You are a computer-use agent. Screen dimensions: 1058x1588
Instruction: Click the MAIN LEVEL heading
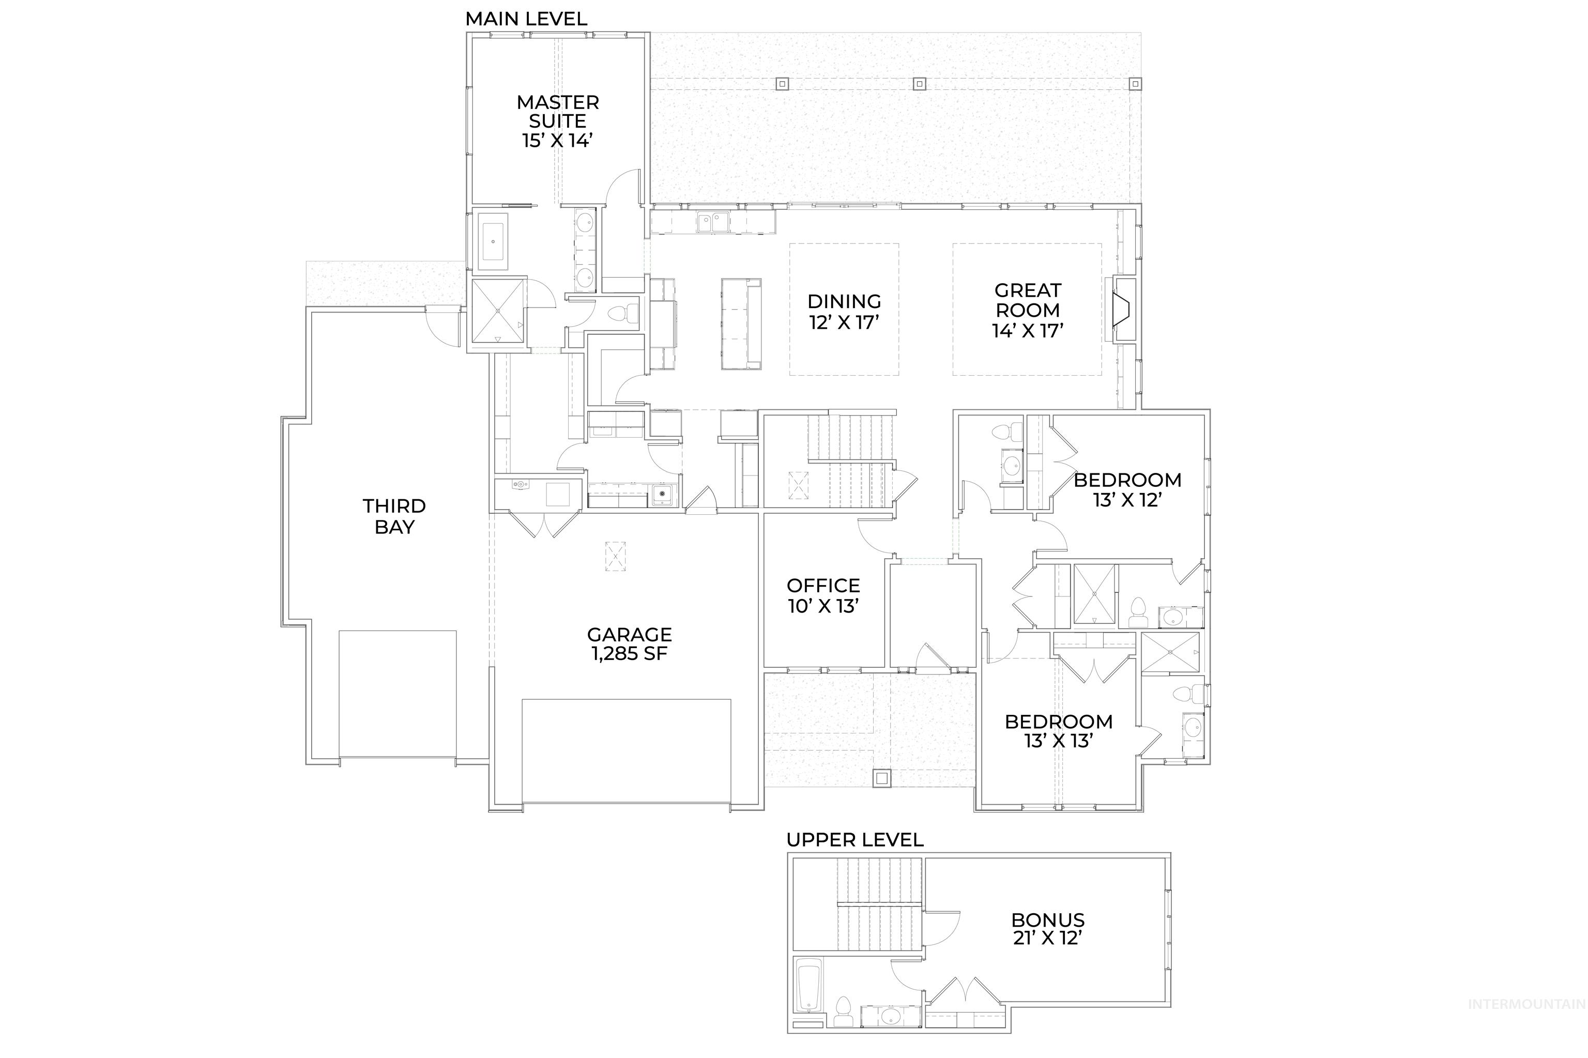[526, 19]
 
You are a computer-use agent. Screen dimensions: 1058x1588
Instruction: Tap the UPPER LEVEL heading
[854, 840]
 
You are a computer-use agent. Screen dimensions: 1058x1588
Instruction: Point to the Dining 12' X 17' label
[844, 312]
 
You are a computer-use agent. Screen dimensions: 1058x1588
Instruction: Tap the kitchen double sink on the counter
[713, 221]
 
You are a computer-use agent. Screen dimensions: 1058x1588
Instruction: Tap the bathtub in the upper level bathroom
[808, 986]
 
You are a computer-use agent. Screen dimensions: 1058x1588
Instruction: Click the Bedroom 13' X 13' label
[1058, 731]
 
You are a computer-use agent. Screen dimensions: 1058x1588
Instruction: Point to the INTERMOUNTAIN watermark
[1526, 1023]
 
